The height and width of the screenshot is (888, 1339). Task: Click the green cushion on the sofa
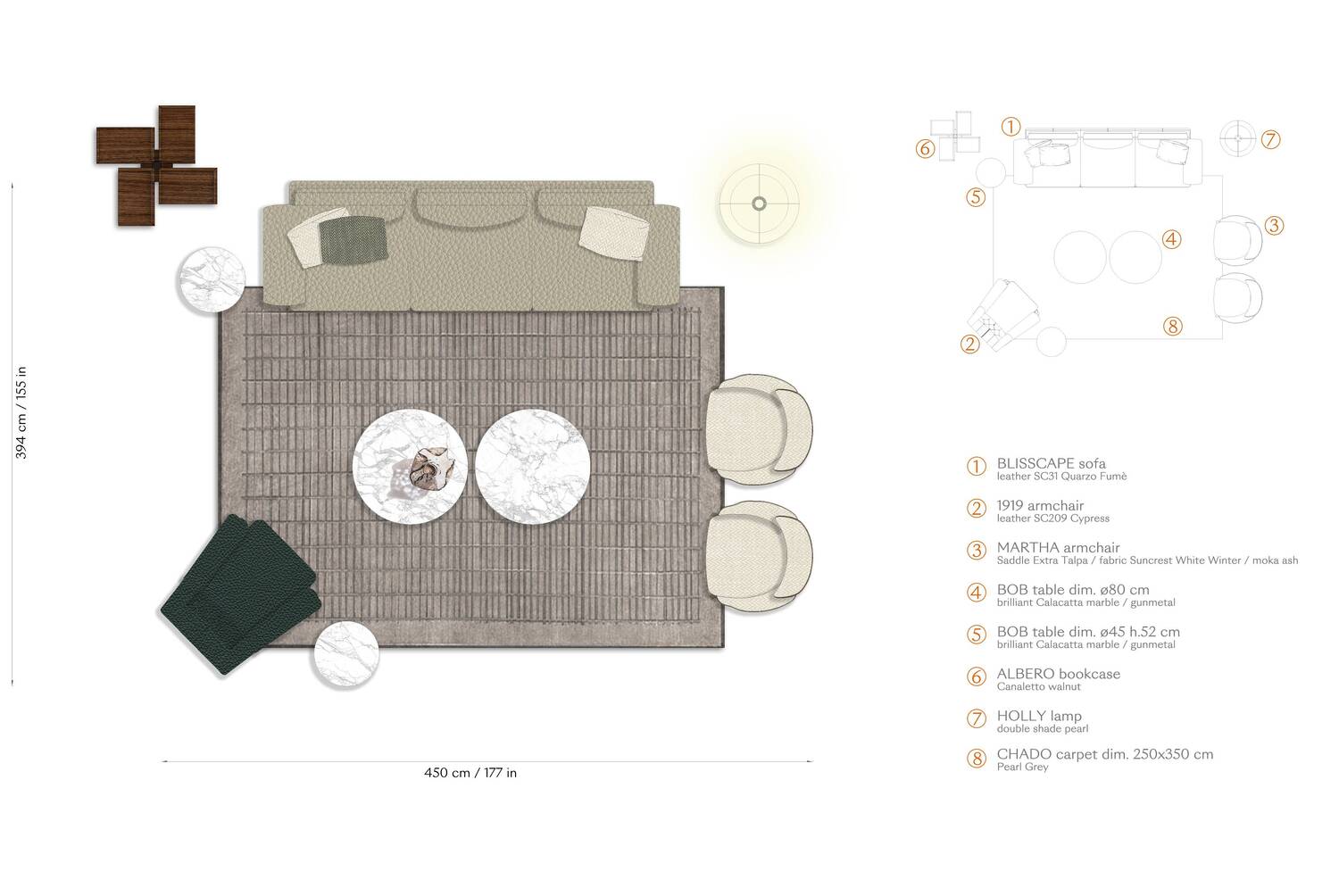pyautogui.click(x=352, y=239)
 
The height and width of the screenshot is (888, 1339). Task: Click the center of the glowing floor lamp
pyautogui.click(x=759, y=203)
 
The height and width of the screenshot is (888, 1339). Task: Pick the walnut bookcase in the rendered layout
pyautogui.click(x=157, y=166)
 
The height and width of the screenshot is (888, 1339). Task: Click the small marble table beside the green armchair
pyautogui.click(x=345, y=653)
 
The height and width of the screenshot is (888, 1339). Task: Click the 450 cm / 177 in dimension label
pyautogui.click(x=470, y=773)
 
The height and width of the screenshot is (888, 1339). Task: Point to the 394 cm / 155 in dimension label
pyautogui.click(x=22, y=412)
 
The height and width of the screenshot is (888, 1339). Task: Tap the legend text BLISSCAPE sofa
pyautogui.click(x=1051, y=463)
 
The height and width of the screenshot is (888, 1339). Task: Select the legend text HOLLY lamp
pyautogui.click(x=1038, y=716)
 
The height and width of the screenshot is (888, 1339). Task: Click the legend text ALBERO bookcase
pyautogui.click(x=1058, y=674)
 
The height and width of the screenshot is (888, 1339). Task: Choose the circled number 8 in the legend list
pyautogui.click(x=977, y=759)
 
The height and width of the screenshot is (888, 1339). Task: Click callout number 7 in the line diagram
pyautogui.click(x=1271, y=139)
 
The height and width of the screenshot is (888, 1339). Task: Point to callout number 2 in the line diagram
pyautogui.click(x=970, y=344)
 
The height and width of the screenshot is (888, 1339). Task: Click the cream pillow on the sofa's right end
pyautogui.click(x=611, y=230)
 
